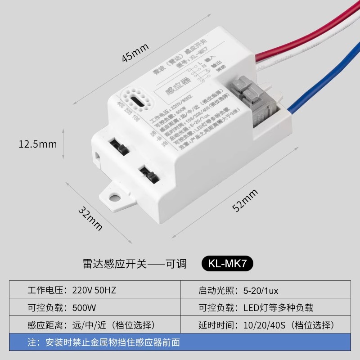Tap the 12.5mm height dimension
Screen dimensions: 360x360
coord(38,144)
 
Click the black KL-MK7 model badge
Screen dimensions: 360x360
coord(228,264)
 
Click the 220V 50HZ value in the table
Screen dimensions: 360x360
coord(94,290)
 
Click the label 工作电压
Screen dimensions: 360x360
coord(46,290)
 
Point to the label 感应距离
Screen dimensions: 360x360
coord(46,325)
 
